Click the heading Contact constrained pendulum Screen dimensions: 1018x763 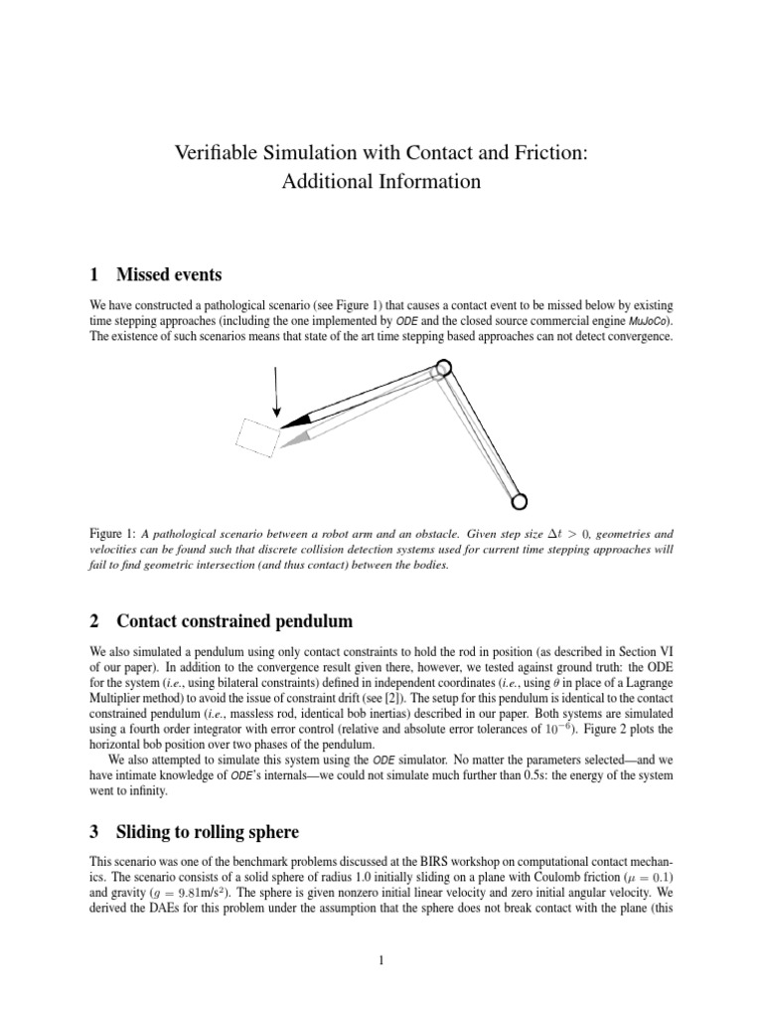[x=234, y=622]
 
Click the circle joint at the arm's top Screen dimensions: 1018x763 [x=443, y=367]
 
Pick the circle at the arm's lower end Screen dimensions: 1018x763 [x=520, y=499]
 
